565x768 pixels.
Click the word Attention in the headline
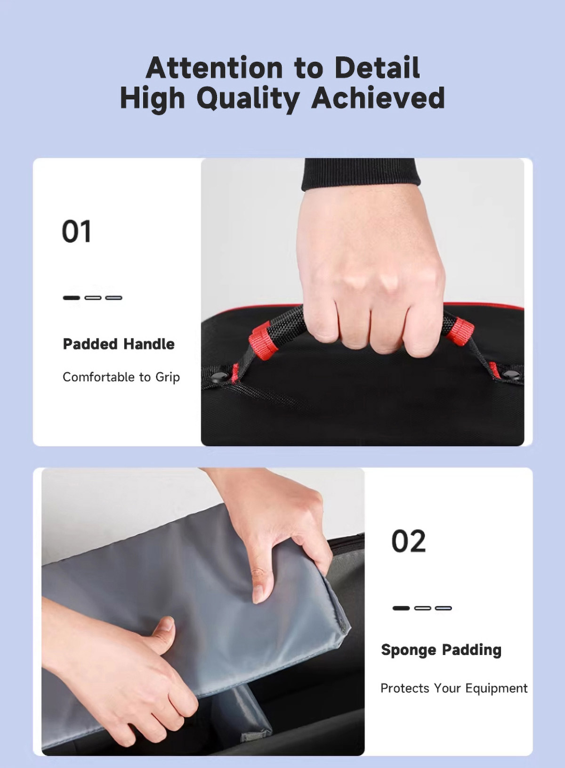click(214, 67)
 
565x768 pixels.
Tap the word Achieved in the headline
click(378, 98)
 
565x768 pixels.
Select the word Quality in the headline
click(248, 99)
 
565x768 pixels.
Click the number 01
click(76, 231)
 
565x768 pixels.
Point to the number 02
click(408, 541)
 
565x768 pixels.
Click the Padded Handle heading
click(119, 344)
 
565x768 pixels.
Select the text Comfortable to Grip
click(121, 377)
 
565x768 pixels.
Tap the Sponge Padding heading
click(441, 650)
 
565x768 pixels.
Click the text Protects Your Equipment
click(454, 688)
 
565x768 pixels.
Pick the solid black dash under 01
click(71, 298)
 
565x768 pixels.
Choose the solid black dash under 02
click(401, 608)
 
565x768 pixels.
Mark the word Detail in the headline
click(377, 67)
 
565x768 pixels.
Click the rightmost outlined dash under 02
click(444, 608)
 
